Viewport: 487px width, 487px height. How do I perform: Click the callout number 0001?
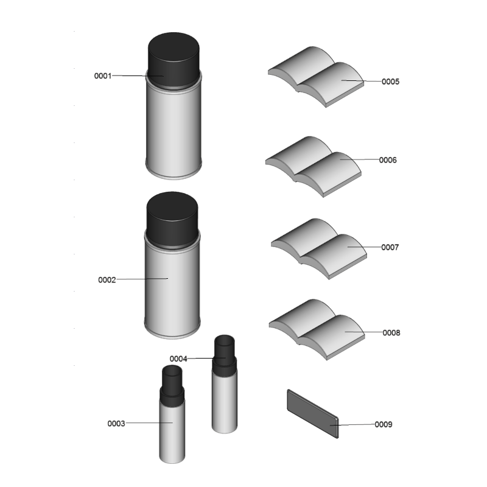click(x=103, y=75)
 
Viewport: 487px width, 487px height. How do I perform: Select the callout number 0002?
click(x=107, y=280)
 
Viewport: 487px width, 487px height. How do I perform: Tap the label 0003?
click(x=116, y=423)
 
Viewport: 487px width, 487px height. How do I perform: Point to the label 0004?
click(x=178, y=359)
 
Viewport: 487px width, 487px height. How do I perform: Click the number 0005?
click(x=390, y=82)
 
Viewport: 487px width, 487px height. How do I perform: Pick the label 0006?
click(x=388, y=160)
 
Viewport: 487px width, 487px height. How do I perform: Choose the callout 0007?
click(x=390, y=247)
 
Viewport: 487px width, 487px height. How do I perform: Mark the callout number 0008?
click(x=391, y=332)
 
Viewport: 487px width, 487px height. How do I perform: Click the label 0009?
click(x=384, y=424)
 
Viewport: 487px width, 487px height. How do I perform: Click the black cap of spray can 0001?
click(x=173, y=60)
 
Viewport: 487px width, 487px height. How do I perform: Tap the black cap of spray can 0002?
click(x=172, y=220)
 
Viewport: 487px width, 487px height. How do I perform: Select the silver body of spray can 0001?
click(x=173, y=130)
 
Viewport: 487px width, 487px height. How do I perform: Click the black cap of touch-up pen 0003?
click(x=172, y=385)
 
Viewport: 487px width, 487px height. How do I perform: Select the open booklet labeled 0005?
click(x=316, y=77)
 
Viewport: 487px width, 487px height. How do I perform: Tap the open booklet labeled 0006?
click(x=314, y=166)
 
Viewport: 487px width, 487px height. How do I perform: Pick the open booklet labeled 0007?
click(x=319, y=249)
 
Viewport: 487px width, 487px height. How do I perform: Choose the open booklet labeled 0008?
click(x=317, y=329)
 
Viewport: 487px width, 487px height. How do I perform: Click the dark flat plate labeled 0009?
click(x=313, y=414)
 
